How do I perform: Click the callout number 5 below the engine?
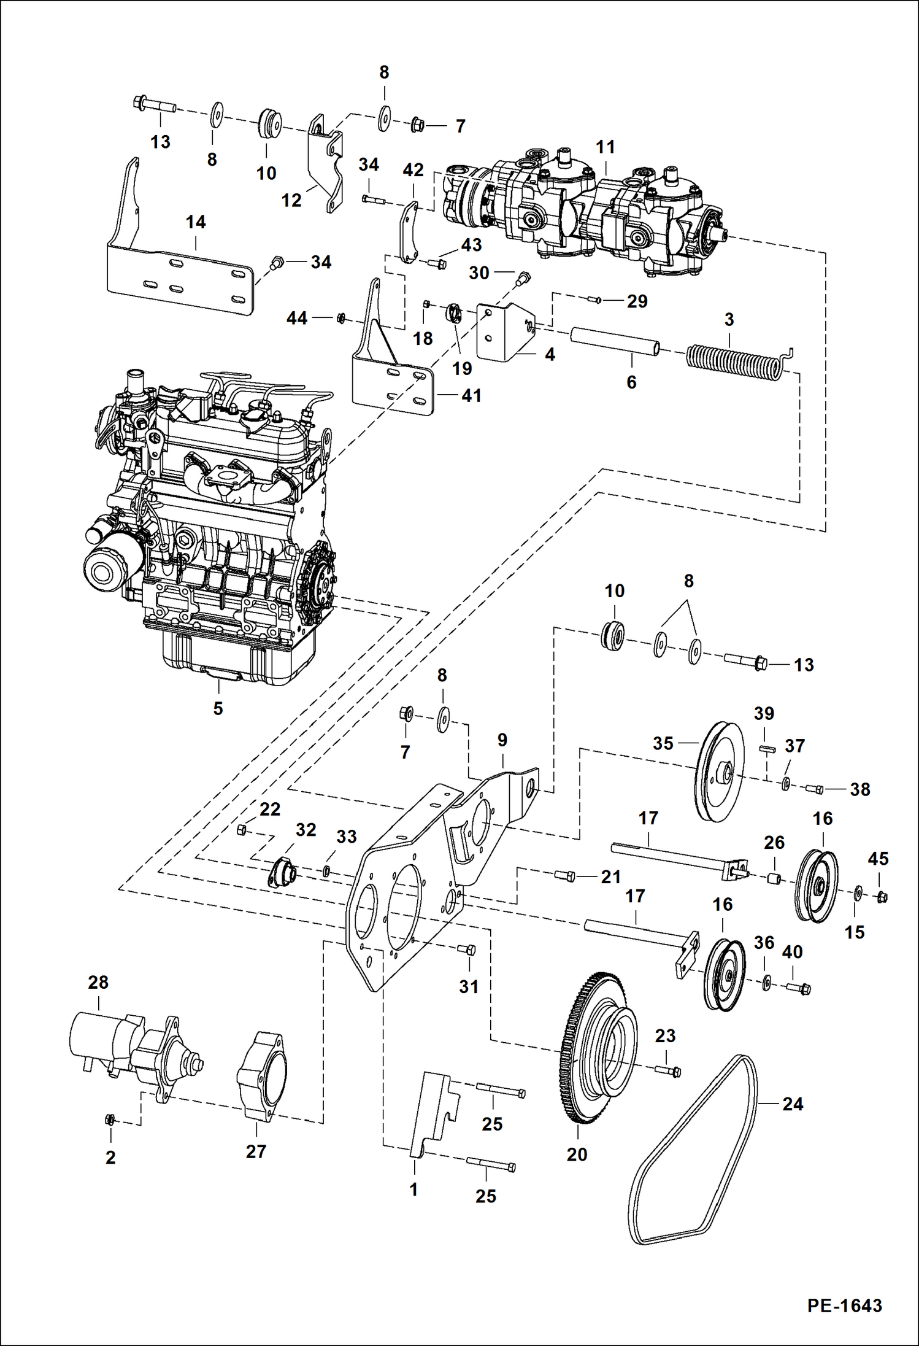218,708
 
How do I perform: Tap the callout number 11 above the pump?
605,147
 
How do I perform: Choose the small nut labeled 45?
882,897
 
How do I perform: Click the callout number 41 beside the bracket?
471,396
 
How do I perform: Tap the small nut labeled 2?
110,1119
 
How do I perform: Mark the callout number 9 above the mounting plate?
502,740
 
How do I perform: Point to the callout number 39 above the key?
764,714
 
